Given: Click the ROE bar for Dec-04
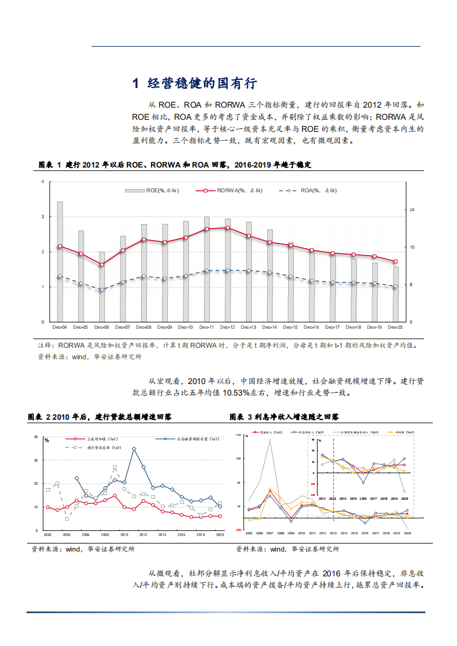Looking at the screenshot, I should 60,262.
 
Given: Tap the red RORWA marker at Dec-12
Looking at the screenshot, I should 228,228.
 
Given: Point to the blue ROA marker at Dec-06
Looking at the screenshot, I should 102,290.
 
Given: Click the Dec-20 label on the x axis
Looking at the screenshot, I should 396,327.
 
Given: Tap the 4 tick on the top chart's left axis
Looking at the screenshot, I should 42,182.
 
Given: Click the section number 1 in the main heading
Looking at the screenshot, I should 135,83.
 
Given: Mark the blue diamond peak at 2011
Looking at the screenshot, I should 134,449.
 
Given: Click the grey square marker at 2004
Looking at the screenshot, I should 67,519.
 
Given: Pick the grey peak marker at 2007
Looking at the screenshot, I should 270,440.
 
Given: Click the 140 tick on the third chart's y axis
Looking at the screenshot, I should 238,435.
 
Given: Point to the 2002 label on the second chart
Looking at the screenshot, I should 48,535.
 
